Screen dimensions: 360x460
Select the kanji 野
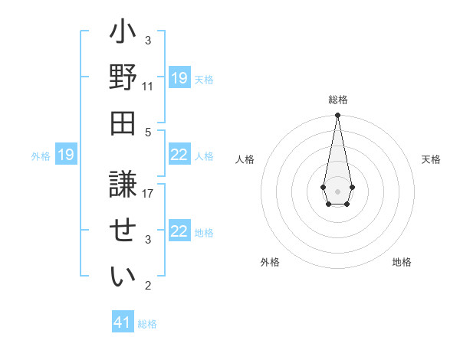[x=123, y=79]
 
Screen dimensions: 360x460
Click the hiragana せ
[x=123, y=227]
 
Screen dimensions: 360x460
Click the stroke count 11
[x=147, y=86]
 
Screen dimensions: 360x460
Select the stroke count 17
[x=147, y=194]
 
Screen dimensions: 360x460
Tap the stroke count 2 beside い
[x=147, y=286]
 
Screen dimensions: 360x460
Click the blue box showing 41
[x=123, y=322]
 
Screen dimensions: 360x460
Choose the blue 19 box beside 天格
[x=179, y=78]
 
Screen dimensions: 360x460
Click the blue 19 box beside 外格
[x=66, y=155]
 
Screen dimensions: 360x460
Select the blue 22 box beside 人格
[x=179, y=155]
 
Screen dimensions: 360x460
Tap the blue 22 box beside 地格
[x=179, y=231]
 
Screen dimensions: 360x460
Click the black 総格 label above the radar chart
[x=338, y=100]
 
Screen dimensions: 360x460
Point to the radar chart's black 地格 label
[x=402, y=262]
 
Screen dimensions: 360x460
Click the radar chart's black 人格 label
[x=245, y=159]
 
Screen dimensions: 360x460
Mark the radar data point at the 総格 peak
[x=337, y=116]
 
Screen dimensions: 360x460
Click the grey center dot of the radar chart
[x=337, y=190]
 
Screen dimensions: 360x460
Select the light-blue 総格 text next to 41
[x=147, y=324]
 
